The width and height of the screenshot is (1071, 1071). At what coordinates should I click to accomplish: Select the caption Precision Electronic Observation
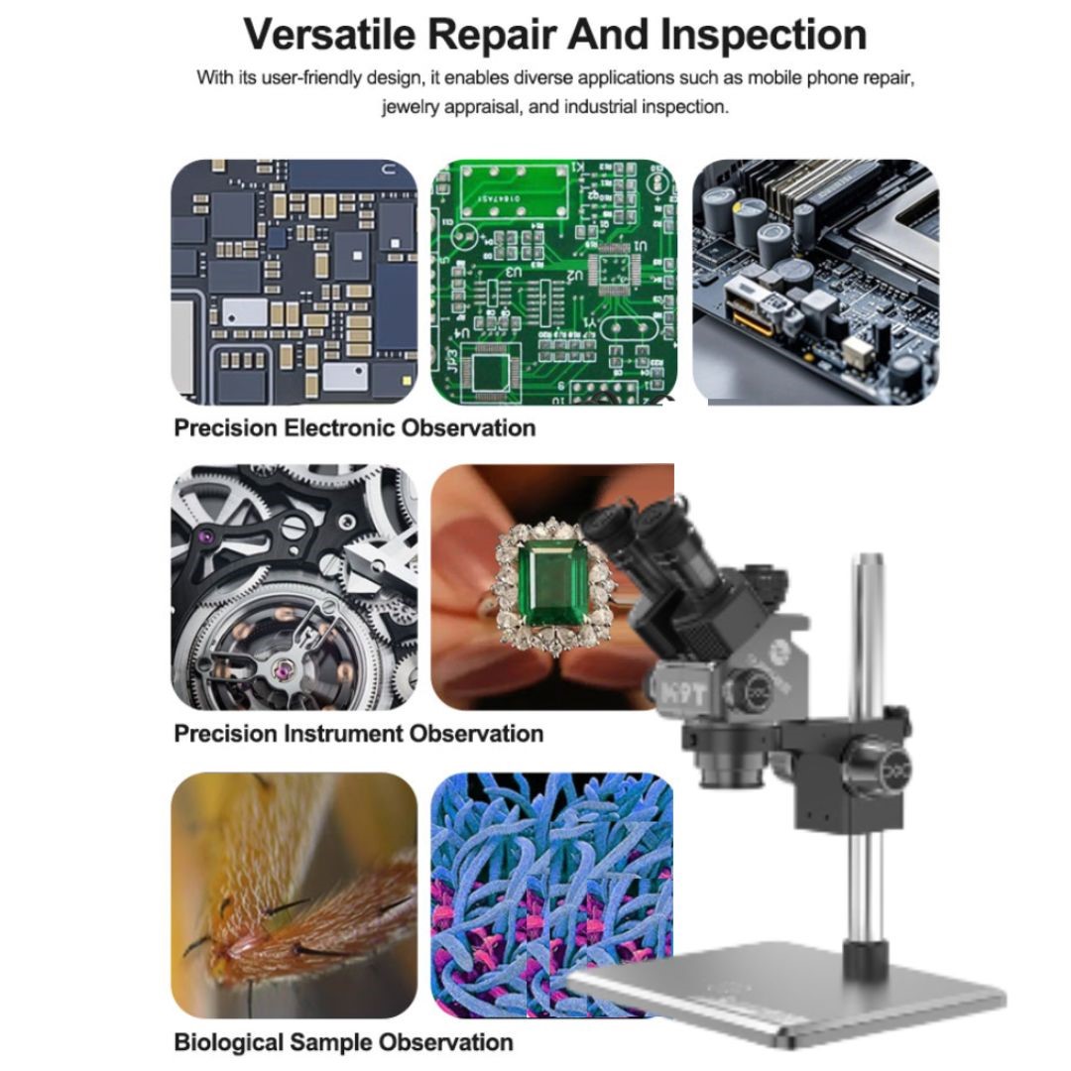354,428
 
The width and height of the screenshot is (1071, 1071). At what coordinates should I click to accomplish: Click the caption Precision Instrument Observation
358,734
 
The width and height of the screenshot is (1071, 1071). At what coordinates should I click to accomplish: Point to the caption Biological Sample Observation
343,1042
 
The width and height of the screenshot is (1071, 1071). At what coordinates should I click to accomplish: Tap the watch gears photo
294,587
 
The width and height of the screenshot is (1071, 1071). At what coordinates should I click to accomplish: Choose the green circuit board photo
553,282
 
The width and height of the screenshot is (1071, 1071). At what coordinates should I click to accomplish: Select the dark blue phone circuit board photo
294,282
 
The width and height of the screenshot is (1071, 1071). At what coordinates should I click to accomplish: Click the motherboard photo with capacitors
815,282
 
